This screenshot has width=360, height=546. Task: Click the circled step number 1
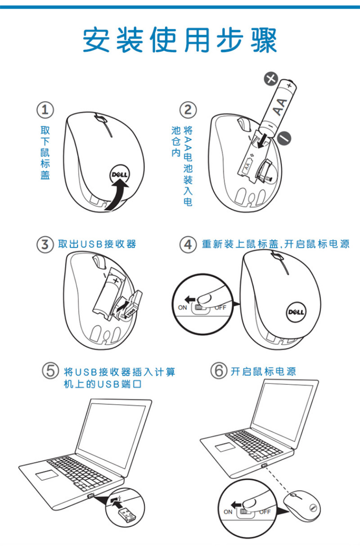click(x=45, y=110)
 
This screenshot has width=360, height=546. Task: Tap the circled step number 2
click(x=188, y=110)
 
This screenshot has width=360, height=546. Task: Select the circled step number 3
click(x=45, y=244)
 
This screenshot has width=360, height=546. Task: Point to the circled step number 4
click(x=188, y=244)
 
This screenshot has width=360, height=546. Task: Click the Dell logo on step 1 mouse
click(x=119, y=175)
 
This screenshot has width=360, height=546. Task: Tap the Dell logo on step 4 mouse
click(x=296, y=312)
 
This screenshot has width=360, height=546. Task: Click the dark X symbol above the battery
click(x=271, y=79)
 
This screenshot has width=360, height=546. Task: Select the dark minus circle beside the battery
click(x=284, y=138)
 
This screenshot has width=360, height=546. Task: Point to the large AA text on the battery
click(x=280, y=107)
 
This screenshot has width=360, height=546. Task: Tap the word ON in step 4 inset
click(x=182, y=307)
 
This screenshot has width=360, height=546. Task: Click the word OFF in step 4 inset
click(x=220, y=307)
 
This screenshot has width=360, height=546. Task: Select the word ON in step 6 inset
click(x=228, y=512)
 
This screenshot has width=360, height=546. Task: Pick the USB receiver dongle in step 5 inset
click(x=126, y=514)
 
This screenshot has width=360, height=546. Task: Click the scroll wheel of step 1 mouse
click(x=100, y=119)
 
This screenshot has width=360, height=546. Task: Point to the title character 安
click(x=96, y=40)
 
